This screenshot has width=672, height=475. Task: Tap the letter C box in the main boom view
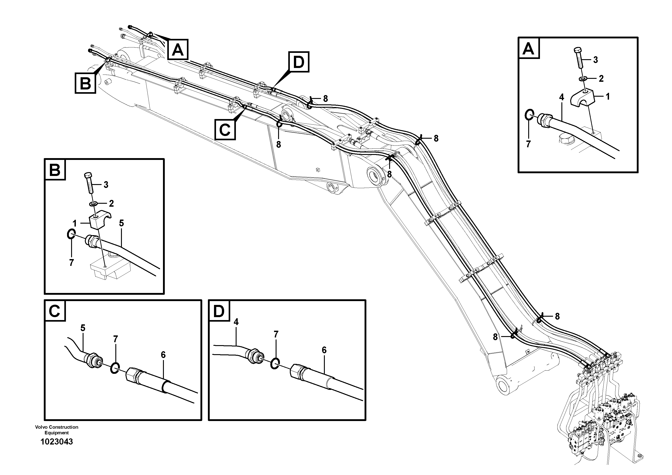tap(225, 129)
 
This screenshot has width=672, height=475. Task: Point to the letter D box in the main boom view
tap(299, 62)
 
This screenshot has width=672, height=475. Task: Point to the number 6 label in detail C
tap(163, 355)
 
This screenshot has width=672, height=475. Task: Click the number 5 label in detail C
tap(83, 328)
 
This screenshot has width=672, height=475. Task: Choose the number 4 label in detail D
tap(236, 322)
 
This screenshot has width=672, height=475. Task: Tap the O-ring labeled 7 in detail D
tap(274, 363)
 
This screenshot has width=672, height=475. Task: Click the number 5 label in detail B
tap(121, 223)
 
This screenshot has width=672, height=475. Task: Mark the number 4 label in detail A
tap(561, 97)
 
